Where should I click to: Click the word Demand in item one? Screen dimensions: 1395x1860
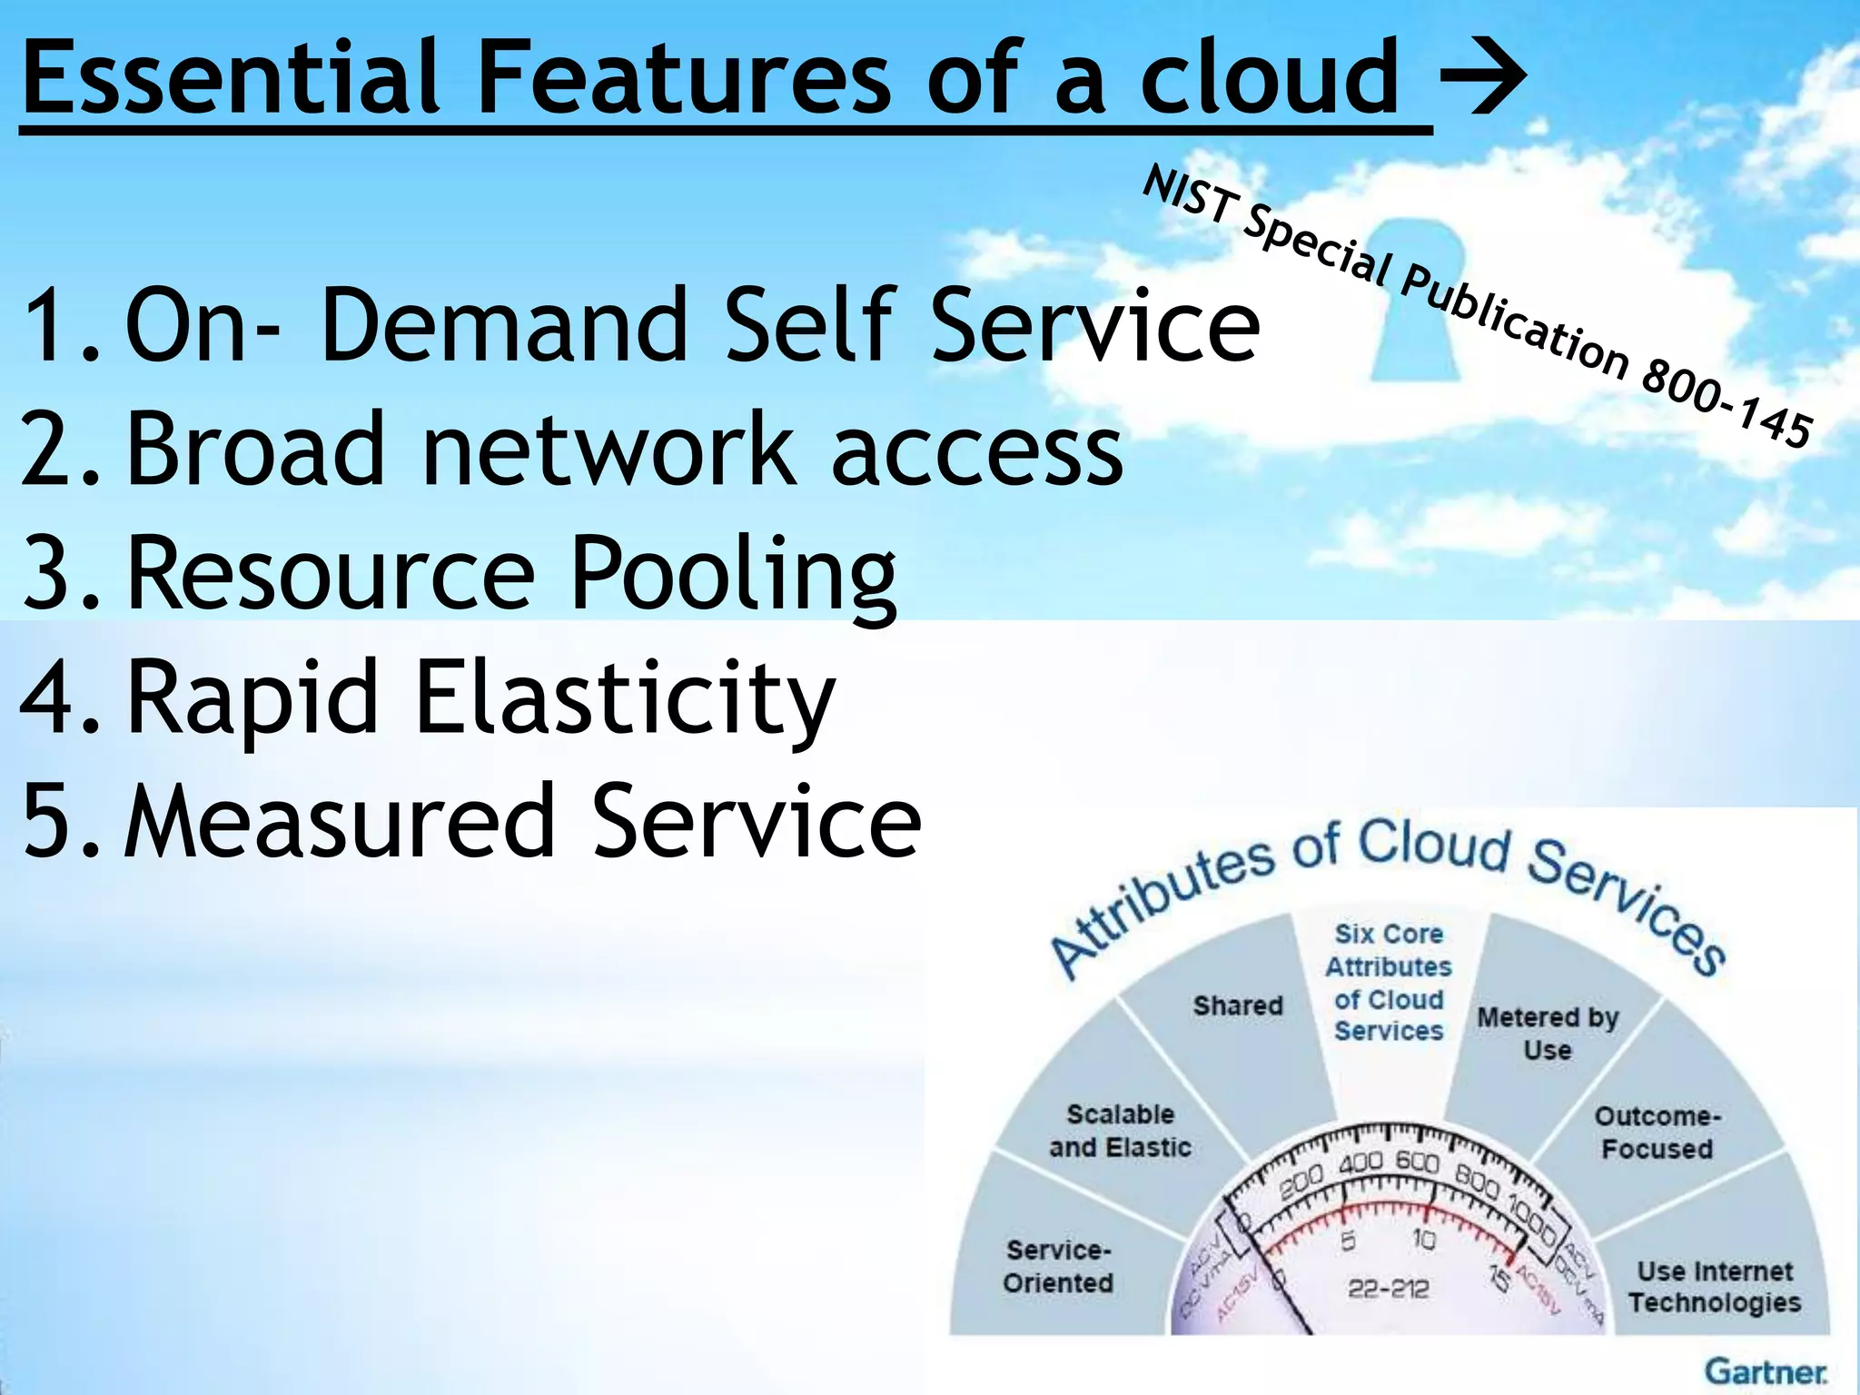(x=504, y=324)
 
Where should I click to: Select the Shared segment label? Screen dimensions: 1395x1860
(x=1238, y=1005)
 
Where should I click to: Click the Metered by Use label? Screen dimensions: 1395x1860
(x=1548, y=1034)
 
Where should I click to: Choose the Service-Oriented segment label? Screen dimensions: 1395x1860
(x=1058, y=1266)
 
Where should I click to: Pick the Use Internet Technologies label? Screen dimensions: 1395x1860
(x=1715, y=1286)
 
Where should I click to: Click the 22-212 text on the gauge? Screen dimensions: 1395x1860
(x=1388, y=1288)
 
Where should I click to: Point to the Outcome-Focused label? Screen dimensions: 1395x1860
(x=1657, y=1132)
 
